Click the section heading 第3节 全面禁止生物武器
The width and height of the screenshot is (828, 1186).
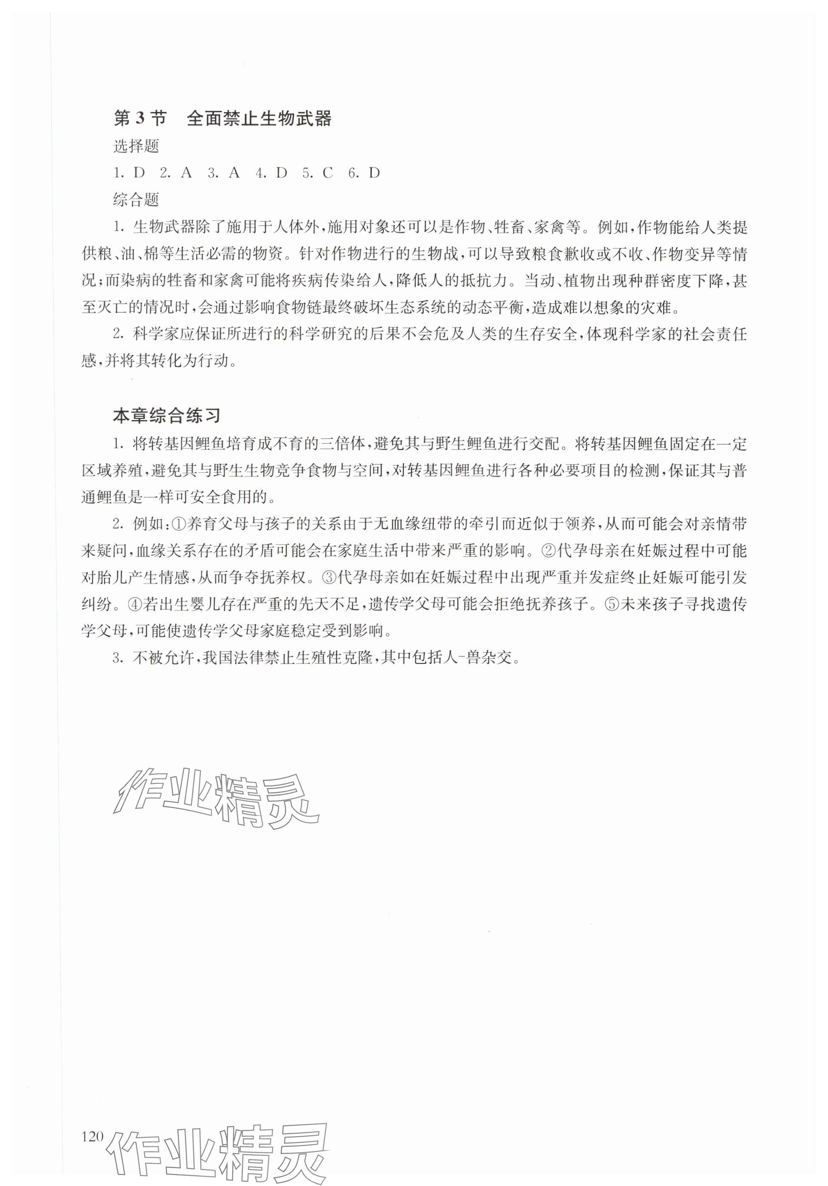222,119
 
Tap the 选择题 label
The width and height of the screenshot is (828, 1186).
136,147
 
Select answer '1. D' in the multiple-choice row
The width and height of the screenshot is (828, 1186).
130,173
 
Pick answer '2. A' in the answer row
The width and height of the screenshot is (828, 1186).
176,173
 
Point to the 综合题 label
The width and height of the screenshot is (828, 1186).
136,200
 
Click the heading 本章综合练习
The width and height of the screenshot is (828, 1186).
167,416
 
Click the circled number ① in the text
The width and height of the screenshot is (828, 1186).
178,524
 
